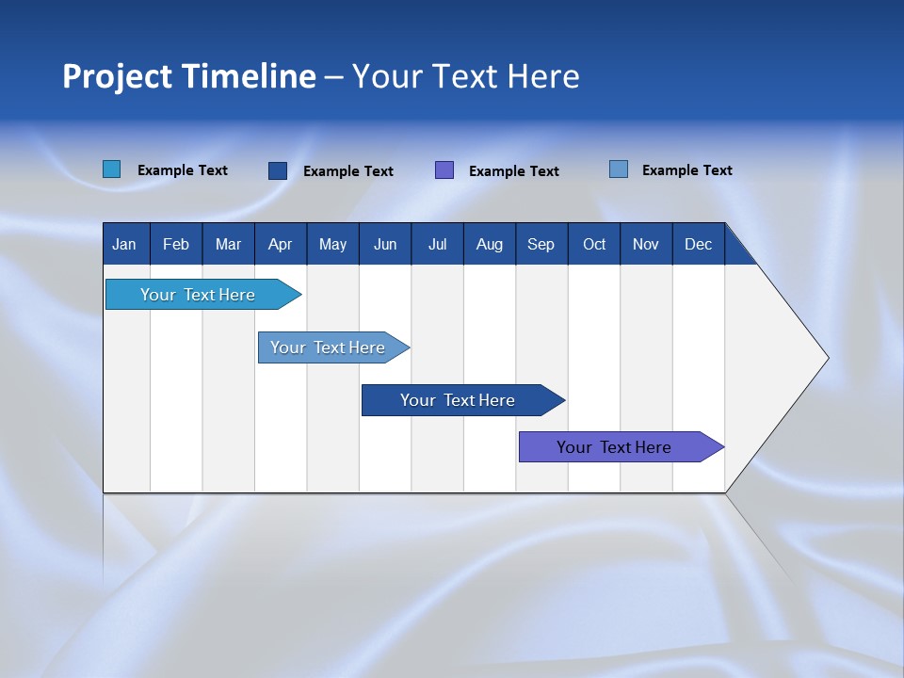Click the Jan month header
(124, 244)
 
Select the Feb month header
(176, 244)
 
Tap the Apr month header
(280, 244)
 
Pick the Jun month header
(385, 244)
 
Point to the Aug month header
(489, 244)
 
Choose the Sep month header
(541, 244)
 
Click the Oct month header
(594, 244)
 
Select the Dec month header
(698, 244)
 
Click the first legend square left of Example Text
(112, 169)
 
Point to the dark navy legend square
(278, 170)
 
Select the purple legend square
(444, 170)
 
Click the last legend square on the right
(619, 169)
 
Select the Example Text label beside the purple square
(513, 171)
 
